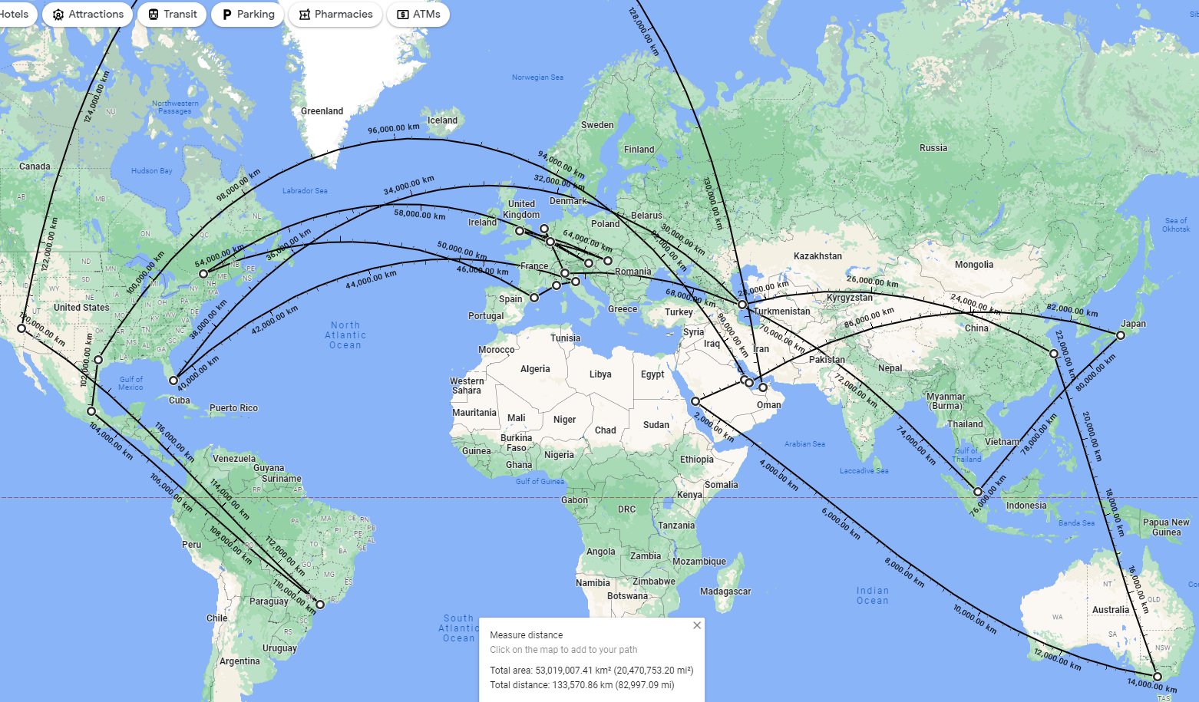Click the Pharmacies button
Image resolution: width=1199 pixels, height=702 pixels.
tap(335, 15)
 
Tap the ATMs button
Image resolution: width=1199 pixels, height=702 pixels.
tap(418, 15)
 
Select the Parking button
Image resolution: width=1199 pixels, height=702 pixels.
tap(247, 15)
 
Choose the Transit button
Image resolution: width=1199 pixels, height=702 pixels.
tap(172, 15)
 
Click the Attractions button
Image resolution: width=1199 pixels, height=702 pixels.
tap(88, 15)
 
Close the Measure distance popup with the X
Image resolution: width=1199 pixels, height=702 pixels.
tap(697, 625)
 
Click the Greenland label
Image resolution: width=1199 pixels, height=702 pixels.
tap(322, 111)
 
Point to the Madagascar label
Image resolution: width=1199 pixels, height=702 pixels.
tap(725, 592)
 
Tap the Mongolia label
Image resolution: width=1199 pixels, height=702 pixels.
tap(974, 265)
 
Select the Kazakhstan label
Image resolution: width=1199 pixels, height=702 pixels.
tap(817, 256)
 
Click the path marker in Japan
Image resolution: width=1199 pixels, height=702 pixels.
tap(1121, 335)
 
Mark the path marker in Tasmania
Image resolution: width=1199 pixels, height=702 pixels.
tap(1158, 677)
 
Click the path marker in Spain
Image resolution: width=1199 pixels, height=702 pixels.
tap(534, 298)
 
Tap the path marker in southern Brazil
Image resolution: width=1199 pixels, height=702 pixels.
tap(320, 605)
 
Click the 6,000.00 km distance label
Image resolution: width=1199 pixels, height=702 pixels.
tap(841, 523)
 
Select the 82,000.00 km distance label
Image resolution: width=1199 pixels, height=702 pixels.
tap(1072, 310)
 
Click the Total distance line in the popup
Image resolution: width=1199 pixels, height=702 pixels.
tap(582, 685)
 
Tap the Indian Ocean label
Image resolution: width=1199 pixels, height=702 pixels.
tap(873, 595)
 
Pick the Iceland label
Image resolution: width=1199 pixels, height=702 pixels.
tap(442, 120)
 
